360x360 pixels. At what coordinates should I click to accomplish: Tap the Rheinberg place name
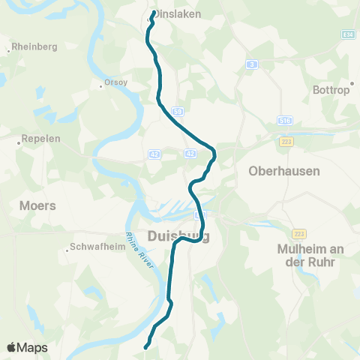coord(34,46)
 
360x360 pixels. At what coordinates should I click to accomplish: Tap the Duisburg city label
coord(178,236)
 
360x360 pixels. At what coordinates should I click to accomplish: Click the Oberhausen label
coord(284,171)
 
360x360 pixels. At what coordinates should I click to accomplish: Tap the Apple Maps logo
coord(27,347)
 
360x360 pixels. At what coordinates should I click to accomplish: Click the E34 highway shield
coord(347,34)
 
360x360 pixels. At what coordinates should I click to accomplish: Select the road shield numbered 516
coord(284,119)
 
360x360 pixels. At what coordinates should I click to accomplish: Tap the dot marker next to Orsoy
coord(101,85)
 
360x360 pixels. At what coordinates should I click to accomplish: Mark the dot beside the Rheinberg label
coord(8,51)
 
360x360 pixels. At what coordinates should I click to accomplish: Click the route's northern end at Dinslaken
coord(154,12)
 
